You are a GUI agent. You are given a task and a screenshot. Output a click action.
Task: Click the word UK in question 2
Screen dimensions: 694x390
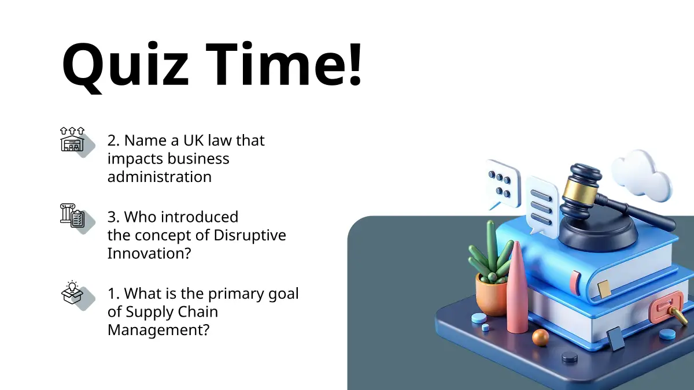[193, 140]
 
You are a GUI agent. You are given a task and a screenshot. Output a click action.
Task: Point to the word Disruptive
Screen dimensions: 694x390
[250, 235]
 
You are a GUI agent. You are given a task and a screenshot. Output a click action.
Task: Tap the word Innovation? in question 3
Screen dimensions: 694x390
[149, 253]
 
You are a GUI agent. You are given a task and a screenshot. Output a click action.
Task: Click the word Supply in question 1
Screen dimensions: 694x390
[149, 312]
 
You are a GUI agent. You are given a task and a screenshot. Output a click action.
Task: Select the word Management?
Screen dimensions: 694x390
[158, 330]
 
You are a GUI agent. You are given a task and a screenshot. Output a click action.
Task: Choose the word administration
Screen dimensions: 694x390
[160, 177]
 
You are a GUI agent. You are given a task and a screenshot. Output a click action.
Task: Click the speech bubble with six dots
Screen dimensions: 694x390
[503, 184]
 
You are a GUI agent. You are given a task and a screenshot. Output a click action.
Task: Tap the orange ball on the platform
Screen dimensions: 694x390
[540, 337]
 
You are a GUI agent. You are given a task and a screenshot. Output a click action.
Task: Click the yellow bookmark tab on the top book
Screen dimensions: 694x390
[604, 289]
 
